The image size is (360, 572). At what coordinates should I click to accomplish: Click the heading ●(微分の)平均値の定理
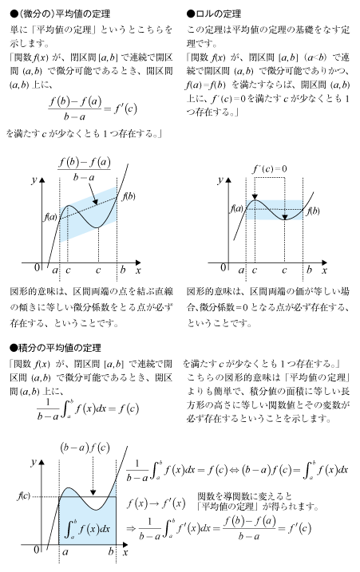click(x=60, y=14)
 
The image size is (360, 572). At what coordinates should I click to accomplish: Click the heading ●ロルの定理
click(x=214, y=14)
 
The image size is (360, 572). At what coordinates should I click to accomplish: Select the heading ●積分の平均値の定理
click(x=55, y=348)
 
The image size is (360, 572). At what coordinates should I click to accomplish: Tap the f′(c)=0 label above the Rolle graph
click(x=270, y=169)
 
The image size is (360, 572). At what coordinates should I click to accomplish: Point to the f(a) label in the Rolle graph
click(x=236, y=208)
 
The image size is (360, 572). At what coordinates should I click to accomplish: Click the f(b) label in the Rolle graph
click(x=313, y=211)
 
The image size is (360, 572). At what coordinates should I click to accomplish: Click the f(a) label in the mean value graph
click(x=51, y=217)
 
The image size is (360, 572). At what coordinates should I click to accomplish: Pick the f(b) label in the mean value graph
click(x=129, y=196)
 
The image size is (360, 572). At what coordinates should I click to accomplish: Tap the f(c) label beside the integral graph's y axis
click(x=24, y=496)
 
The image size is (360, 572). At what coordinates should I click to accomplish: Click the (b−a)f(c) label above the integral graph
click(x=85, y=448)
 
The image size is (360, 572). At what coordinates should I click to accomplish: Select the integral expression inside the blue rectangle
click(x=87, y=529)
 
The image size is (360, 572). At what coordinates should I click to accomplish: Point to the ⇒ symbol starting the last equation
click(x=131, y=528)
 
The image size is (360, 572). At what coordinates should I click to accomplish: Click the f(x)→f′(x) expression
click(x=156, y=503)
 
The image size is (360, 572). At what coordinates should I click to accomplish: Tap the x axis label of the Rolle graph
click(x=324, y=270)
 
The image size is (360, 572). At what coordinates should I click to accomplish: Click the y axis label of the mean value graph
click(x=34, y=179)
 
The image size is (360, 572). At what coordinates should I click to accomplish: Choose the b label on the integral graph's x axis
click(x=111, y=551)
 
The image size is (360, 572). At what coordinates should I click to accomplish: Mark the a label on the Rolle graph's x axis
click(x=241, y=270)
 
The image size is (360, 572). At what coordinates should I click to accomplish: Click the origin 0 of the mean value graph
click(x=37, y=267)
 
